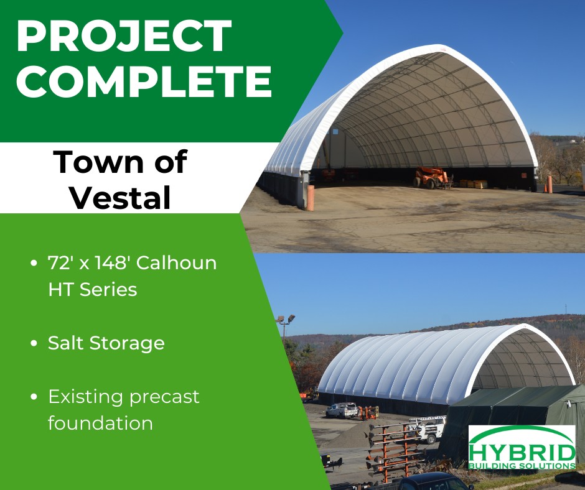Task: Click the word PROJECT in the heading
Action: coord(124,36)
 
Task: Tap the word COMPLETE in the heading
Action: coord(144,81)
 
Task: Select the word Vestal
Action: coord(121,197)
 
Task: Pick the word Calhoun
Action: coord(176,262)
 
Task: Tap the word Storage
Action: coord(127,343)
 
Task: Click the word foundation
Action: coord(100,423)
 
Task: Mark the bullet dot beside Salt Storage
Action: coord(34,343)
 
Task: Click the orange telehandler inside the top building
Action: coord(431,177)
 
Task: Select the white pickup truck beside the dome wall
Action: coord(342,410)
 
